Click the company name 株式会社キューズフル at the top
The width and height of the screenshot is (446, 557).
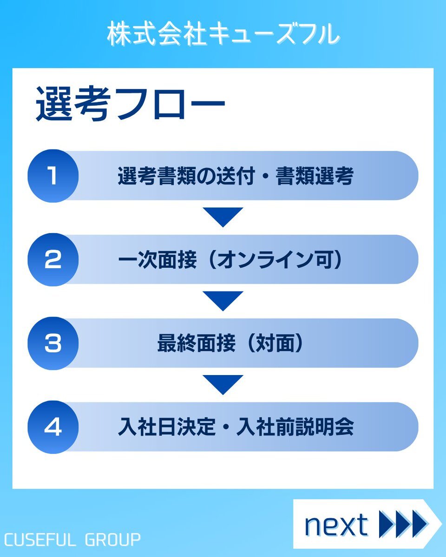pyautogui.click(x=223, y=34)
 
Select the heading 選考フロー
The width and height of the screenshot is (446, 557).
pyautogui.click(x=130, y=104)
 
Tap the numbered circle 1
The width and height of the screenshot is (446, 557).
pyautogui.click(x=53, y=176)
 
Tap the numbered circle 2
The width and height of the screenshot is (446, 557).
pyautogui.click(x=53, y=259)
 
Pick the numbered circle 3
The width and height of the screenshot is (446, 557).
pyautogui.click(x=53, y=343)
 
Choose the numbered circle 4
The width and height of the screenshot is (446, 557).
pyautogui.click(x=53, y=427)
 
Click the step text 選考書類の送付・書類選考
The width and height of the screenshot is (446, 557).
pyautogui.click(x=236, y=176)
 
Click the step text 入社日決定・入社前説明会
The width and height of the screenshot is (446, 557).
pyautogui.click(x=236, y=427)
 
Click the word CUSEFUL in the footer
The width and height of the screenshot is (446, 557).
pyautogui.click(x=39, y=540)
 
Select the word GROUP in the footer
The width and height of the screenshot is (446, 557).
pyautogui.click(x=112, y=540)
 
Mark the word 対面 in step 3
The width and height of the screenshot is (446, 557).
pyautogui.click(x=275, y=343)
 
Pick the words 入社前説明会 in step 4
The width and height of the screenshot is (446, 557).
pyautogui.click(x=295, y=427)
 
